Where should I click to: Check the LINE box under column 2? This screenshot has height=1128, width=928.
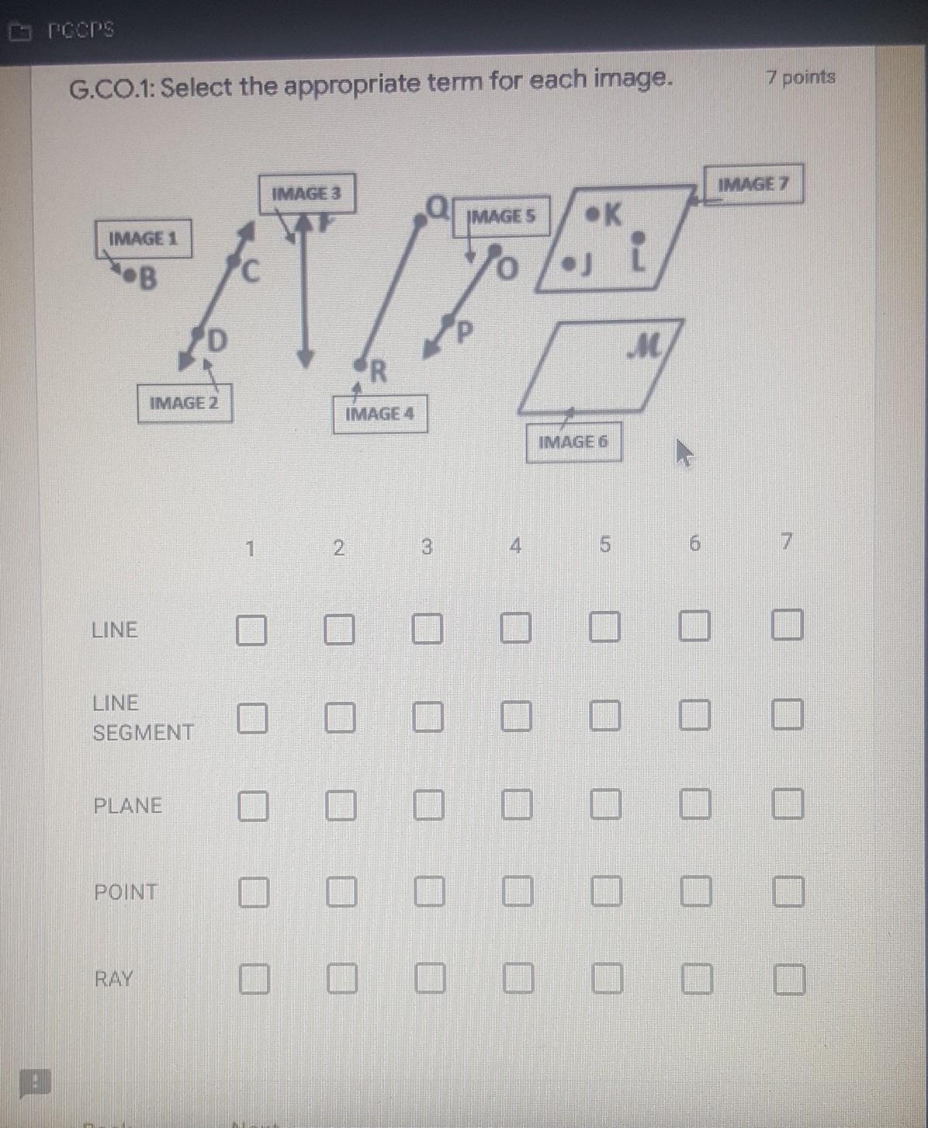(x=339, y=629)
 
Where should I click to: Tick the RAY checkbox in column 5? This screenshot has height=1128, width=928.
(x=607, y=979)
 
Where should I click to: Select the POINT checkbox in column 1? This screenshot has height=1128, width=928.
(x=253, y=893)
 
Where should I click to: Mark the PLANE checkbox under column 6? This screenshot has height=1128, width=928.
(x=695, y=804)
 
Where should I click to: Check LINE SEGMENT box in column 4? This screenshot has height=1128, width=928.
(x=516, y=717)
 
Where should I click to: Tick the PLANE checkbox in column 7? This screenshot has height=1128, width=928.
(x=788, y=803)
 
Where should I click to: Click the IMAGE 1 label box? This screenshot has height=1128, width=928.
(x=144, y=238)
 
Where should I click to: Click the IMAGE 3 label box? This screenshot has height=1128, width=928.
(x=306, y=193)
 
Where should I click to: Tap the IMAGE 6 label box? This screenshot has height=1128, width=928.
(x=573, y=442)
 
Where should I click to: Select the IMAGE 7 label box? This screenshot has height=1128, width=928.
(x=753, y=184)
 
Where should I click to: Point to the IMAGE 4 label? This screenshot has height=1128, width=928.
(x=379, y=414)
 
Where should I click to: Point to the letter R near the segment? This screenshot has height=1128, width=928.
(x=378, y=372)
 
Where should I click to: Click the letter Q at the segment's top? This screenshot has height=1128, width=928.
(x=438, y=207)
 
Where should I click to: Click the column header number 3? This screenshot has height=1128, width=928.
(x=426, y=547)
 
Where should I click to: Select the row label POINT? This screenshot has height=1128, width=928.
(x=126, y=892)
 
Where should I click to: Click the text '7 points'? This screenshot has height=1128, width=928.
(x=800, y=77)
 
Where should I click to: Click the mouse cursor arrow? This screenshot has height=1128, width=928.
(x=682, y=452)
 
